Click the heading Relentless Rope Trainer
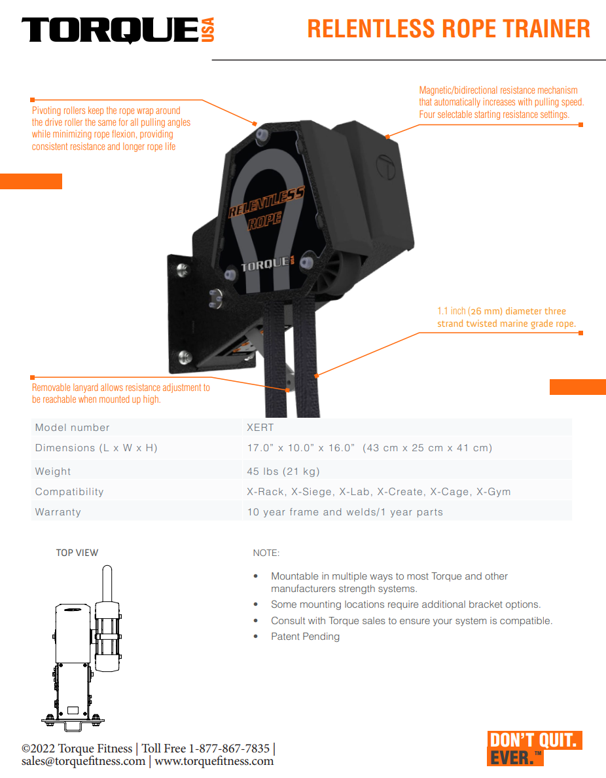(x=449, y=29)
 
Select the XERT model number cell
(x=260, y=427)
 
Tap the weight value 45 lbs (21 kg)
(x=283, y=472)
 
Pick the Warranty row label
(x=58, y=512)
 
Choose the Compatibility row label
(x=69, y=492)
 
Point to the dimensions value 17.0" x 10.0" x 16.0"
(x=301, y=447)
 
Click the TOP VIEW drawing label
(x=77, y=553)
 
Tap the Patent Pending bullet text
(x=306, y=637)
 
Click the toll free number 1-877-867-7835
(x=229, y=749)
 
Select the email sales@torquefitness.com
(x=83, y=761)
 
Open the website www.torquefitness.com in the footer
(x=214, y=761)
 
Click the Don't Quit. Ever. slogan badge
(x=535, y=749)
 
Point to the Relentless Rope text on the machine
(x=266, y=208)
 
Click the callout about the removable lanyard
(x=121, y=394)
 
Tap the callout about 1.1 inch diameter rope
(x=507, y=317)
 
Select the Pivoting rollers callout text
(x=111, y=128)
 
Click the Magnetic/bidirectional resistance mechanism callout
(x=501, y=102)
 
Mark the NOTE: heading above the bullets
(x=266, y=553)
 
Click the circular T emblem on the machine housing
(x=385, y=166)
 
